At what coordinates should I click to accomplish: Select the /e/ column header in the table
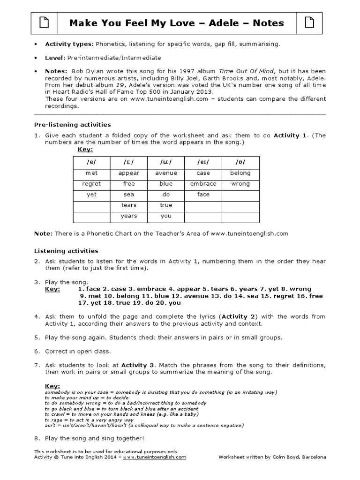pos(91,162)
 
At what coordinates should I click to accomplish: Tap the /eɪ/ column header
pos(203,162)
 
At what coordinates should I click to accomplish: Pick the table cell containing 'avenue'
pos(166,173)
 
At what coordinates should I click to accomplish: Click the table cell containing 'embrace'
pos(203,184)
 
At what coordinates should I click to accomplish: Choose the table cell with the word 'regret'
pos(91,184)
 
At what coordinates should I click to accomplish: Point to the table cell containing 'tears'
pos(128,205)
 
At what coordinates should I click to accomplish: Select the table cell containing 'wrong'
pos(240,184)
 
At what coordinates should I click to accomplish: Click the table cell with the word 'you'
pos(166,216)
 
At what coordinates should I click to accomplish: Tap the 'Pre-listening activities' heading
pos(73,125)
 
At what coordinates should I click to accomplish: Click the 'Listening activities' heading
pos(66,251)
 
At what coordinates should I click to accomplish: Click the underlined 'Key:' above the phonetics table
pos(85,150)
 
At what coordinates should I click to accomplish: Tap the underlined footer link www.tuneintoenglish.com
pos(155,457)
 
